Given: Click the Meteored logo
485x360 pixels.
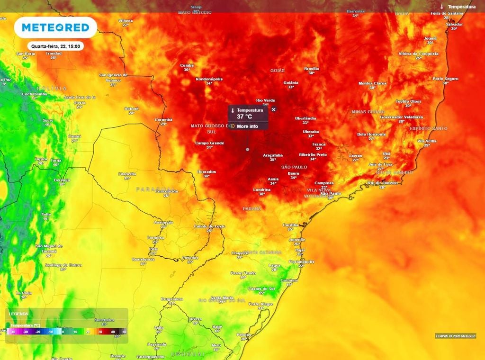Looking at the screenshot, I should (x=55, y=27).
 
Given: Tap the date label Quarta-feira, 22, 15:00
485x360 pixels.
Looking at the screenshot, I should (x=55, y=46).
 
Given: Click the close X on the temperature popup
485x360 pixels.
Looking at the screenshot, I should (x=273, y=109).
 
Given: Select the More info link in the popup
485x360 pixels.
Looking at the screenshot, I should (x=247, y=126).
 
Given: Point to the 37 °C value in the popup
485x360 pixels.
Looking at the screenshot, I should (x=244, y=117).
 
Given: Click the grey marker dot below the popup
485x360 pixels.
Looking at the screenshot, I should (x=247, y=149).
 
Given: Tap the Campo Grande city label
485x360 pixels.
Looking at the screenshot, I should (x=209, y=143).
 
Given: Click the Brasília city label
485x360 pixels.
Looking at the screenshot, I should (x=312, y=68).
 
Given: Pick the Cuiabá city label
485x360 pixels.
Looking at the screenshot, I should (x=187, y=65).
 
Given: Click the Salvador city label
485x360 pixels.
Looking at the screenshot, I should (x=454, y=24).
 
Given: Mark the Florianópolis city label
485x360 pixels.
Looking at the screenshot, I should (x=301, y=261).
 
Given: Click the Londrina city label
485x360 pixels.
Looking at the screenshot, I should (x=261, y=189).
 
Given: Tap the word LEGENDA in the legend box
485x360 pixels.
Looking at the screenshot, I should (x=18, y=314).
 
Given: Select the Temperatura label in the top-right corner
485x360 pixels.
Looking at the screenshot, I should (x=461, y=7).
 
